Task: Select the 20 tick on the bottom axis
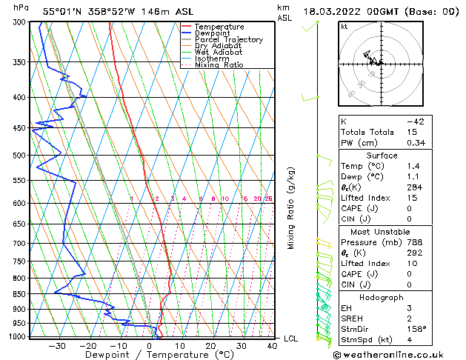pyautogui.click(x=211, y=345)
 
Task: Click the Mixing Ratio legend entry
pyautogui.click(x=219, y=65)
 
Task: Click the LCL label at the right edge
pyautogui.click(x=292, y=339)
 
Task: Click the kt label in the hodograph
pyautogui.click(x=344, y=27)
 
